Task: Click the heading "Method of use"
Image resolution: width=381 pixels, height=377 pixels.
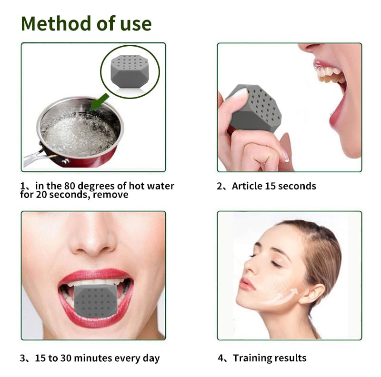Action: coord(86,23)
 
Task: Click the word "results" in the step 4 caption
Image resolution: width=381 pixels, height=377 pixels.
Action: coord(291,358)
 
